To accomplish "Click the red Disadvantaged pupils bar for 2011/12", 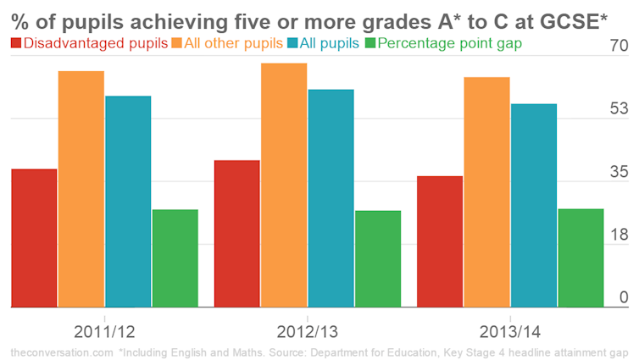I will coord(34,237).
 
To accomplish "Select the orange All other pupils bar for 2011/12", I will coord(81,188).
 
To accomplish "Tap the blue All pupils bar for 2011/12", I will coord(128,201).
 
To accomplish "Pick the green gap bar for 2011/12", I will coord(175,258).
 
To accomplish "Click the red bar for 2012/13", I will coord(237,233).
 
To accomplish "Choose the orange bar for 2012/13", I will coord(284,185).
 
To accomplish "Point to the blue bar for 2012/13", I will coord(331,197).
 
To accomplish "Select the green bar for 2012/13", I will coord(378,258).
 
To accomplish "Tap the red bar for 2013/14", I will coord(440,241).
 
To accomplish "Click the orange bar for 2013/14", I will coord(486,191).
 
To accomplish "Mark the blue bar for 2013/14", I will coord(534,205).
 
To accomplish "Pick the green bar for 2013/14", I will coord(581,258).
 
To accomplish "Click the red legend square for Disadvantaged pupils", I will coord(17,42).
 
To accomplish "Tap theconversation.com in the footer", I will coord(59,351).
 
